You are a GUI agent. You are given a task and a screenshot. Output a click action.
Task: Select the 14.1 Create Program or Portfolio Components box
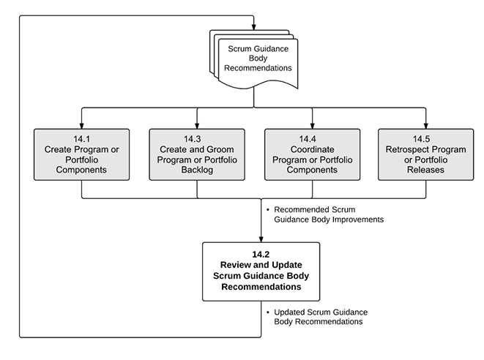click(x=81, y=154)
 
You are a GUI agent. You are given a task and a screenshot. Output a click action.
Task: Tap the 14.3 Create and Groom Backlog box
click(x=196, y=154)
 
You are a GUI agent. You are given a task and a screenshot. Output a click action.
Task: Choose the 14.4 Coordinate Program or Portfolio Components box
click(x=312, y=154)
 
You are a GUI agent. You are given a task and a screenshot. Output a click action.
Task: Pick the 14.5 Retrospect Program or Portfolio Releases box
click(x=425, y=154)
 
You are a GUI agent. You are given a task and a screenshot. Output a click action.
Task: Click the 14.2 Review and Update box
click(x=261, y=270)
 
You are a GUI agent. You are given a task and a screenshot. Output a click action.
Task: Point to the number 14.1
click(x=81, y=138)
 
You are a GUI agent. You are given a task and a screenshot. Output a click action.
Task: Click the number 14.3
click(x=196, y=138)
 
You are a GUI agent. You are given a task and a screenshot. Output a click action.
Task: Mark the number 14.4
click(x=312, y=138)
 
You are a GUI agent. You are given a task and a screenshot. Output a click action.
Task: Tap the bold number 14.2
click(x=261, y=254)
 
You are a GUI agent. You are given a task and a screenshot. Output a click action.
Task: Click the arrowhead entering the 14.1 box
click(x=81, y=124)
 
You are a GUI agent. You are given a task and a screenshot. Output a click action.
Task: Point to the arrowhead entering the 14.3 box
click(x=196, y=124)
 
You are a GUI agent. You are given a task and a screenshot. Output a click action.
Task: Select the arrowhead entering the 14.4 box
click(x=312, y=124)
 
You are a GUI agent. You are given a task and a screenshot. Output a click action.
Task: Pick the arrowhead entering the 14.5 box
click(x=425, y=124)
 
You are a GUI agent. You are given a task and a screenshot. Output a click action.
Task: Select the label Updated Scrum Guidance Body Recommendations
click(x=318, y=316)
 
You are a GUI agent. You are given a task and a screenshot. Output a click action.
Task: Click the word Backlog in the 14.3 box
click(x=196, y=169)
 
